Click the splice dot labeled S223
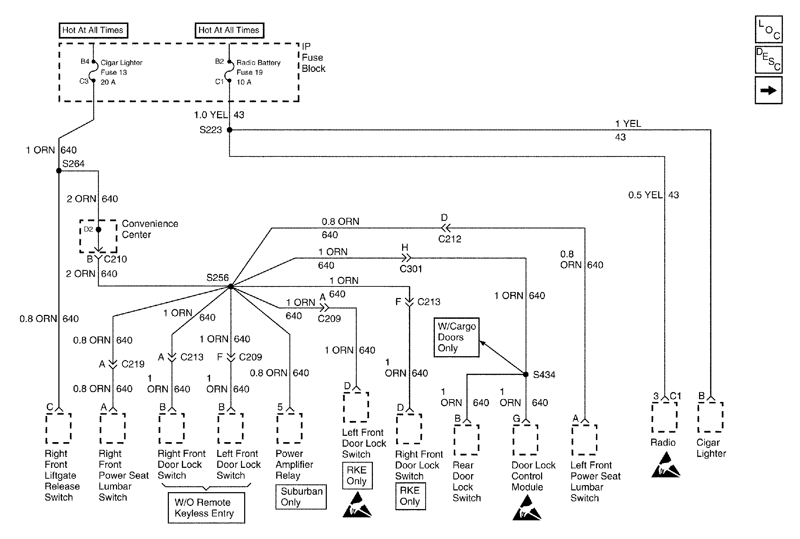click(229, 130)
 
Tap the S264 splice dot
click(59, 171)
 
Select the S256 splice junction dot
click(231, 286)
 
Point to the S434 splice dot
click(526, 374)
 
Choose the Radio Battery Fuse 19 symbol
click(229, 72)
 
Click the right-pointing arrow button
click(768, 91)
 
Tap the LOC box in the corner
click(768, 29)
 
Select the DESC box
click(768, 60)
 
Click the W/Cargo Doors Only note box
click(456, 337)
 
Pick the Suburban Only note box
click(301, 497)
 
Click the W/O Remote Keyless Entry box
click(206, 508)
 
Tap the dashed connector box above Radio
click(664, 417)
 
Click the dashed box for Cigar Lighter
click(710, 417)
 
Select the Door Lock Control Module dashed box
click(526, 440)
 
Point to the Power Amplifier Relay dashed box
click(290, 428)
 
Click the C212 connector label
click(450, 239)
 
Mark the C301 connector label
click(411, 269)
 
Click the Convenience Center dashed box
click(99, 236)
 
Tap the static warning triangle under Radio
click(665, 467)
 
